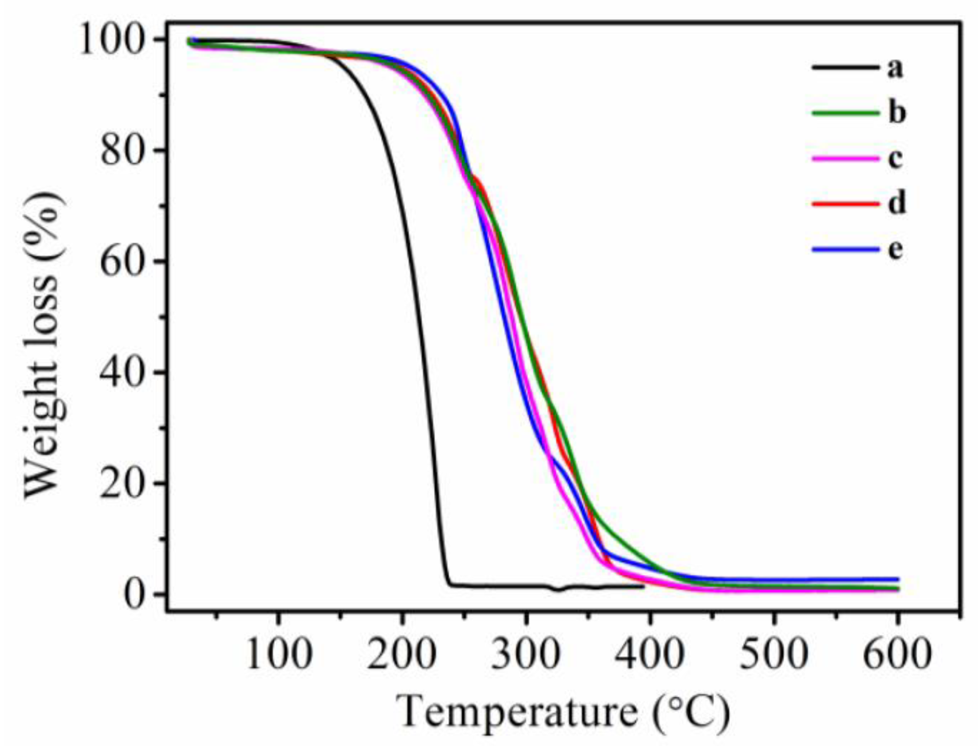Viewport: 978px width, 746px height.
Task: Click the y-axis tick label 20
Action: [121, 483]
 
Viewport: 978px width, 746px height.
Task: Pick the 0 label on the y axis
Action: [134, 594]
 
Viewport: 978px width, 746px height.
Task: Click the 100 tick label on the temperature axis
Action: [278, 654]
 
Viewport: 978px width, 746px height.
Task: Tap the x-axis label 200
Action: [402, 654]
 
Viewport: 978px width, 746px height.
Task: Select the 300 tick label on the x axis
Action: [526, 654]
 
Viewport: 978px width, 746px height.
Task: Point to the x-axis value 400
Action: [650, 654]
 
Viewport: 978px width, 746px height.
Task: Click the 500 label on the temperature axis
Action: [774, 654]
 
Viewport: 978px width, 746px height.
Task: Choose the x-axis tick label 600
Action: [897, 654]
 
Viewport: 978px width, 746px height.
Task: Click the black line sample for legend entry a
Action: [845, 67]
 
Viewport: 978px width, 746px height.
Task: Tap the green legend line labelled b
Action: [845, 112]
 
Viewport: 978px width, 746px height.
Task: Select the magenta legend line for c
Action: [845, 158]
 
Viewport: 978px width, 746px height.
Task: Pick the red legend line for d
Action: [845, 203]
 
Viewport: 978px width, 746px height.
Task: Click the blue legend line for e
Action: [845, 249]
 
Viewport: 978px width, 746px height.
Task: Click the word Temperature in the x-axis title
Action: [516, 712]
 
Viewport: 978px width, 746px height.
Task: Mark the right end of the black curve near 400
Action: [643, 586]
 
